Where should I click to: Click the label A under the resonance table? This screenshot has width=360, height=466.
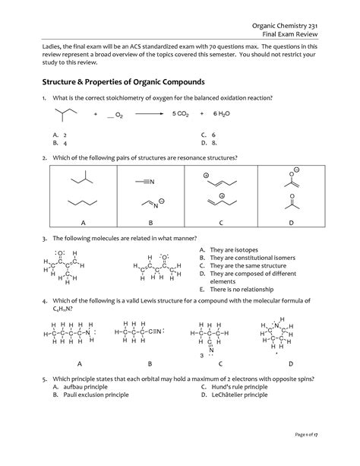(x=83, y=222)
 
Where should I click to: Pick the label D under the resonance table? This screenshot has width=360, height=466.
(x=290, y=222)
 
